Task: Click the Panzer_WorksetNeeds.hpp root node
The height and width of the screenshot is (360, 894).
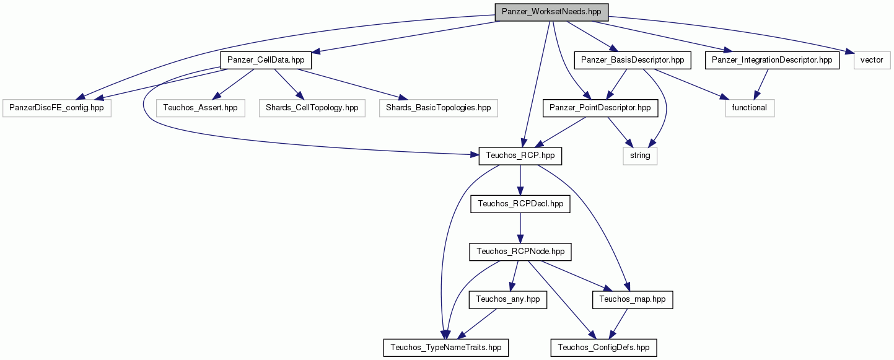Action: coord(551,12)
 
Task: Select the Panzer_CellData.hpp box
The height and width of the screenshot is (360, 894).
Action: coord(266,60)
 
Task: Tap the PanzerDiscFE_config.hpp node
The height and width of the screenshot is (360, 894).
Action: coord(56,108)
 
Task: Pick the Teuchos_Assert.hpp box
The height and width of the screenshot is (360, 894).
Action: coord(200,108)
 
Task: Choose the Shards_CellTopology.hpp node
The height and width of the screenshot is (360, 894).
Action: coord(312,108)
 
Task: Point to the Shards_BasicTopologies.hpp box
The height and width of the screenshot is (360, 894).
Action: coord(438,108)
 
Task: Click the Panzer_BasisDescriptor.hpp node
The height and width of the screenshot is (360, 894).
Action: coord(633,60)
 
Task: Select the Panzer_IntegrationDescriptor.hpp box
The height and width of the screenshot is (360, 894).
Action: coord(773,60)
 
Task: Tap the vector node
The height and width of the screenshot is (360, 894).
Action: coord(872,60)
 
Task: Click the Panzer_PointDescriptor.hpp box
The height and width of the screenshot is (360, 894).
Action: coord(600,108)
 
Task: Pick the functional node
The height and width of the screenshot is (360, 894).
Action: coord(750,108)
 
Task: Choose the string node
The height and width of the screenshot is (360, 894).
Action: coord(640,156)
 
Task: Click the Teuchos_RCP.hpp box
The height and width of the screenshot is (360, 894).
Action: coord(520,156)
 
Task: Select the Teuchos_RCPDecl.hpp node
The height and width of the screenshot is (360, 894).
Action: coord(520,204)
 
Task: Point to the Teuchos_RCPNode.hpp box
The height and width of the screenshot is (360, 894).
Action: coord(520,252)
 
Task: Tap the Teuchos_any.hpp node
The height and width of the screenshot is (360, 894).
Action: coord(507,300)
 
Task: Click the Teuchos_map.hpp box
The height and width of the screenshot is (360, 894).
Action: coord(633,300)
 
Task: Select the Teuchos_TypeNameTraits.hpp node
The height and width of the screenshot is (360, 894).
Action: coord(446,348)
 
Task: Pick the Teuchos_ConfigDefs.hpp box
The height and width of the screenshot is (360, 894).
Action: coord(603,348)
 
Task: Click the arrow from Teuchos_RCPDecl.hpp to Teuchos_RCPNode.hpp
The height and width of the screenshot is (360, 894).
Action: coord(520,228)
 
